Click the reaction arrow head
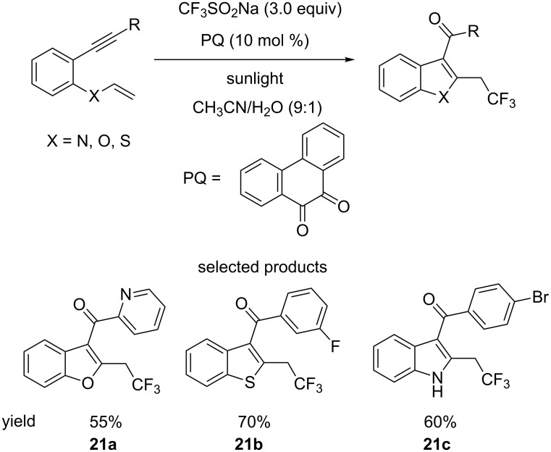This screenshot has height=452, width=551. click(x=350, y=61)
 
